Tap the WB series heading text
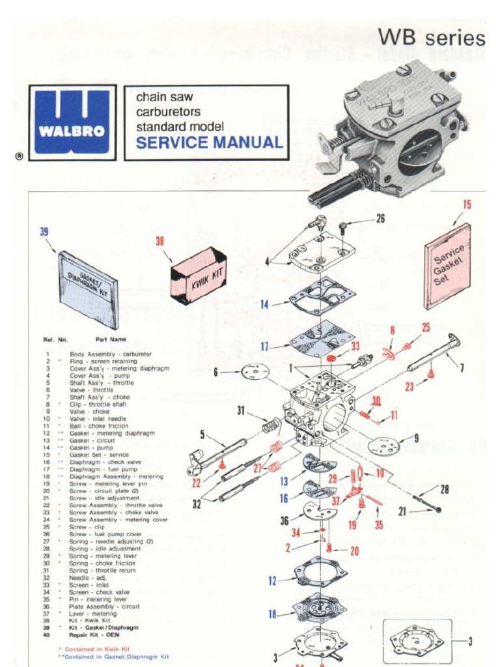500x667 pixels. pos(432,37)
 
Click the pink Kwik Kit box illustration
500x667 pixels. pos(198,275)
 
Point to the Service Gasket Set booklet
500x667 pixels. pos(448,266)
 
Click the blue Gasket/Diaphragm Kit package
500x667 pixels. pos(88,290)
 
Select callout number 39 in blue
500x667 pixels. pos(44,231)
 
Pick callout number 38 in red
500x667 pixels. pos(160,241)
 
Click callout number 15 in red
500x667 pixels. pos(467,205)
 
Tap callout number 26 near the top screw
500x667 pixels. pos(380,219)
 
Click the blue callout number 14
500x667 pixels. pos(265,304)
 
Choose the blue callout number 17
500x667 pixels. pos(265,347)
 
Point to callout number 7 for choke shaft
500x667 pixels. pos(462,368)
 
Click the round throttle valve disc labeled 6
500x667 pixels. pos(255,372)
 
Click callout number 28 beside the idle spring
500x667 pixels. pos(444,489)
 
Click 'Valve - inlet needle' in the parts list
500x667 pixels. pos(98,419)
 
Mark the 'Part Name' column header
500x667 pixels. pos(111,339)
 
